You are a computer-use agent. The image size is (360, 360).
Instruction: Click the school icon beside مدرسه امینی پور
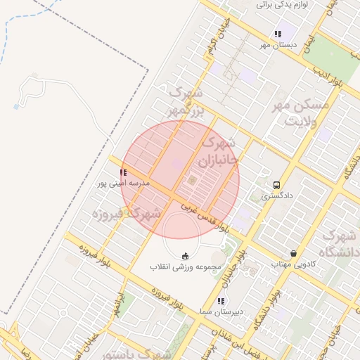123,172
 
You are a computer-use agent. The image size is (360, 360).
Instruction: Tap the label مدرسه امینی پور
123,184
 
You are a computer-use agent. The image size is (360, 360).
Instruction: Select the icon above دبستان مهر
278,34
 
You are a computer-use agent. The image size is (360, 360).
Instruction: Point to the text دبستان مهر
278,45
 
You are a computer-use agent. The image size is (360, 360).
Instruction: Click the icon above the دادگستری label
276,185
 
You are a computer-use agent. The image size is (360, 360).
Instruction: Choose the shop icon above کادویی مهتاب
292,253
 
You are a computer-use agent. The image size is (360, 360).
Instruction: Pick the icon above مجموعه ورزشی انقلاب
186,255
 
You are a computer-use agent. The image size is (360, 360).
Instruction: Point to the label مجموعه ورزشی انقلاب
186,267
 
